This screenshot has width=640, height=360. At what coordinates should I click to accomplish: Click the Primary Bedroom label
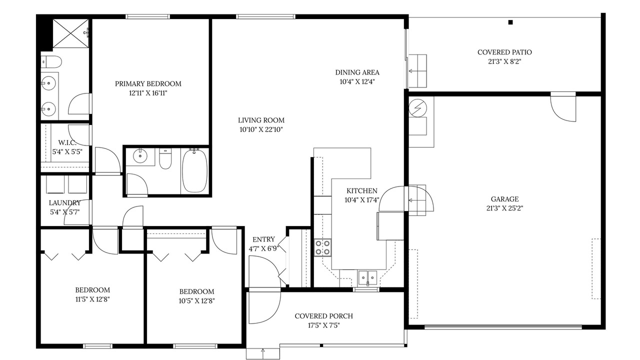pyautogui.click(x=148, y=83)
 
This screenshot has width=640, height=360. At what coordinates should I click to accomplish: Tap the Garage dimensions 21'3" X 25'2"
pyautogui.click(x=504, y=208)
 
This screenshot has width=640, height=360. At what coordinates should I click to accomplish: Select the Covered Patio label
pyautogui.click(x=504, y=52)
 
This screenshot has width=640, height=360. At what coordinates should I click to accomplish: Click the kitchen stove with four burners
pyautogui.click(x=322, y=247)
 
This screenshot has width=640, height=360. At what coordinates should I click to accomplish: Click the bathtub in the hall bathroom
pyautogui.click(x=195, y=170)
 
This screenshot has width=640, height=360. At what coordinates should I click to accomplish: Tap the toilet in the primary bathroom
pyautogui.click(x=51, y=61)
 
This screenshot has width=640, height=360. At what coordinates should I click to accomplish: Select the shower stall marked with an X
pyautogui.click(x=70, y=33)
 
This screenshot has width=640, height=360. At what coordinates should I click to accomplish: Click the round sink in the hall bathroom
pyautogui.click(x=140, y=155)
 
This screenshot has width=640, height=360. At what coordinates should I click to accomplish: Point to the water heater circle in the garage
pyautogui.click(x=417, y=108)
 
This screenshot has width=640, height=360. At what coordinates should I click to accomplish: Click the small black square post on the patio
pyautogui.click(x=510, y=22)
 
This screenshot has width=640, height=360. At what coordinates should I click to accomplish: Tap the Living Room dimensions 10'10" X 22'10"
pyautogui.click(x=261, y=129)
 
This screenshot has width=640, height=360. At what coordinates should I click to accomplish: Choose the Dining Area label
pyautogui.click(x=357, y=72)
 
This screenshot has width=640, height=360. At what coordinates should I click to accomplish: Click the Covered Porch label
pyautogui.click(x=323, y=316)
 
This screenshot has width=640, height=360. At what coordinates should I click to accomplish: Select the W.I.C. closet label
pyautogui.click(x=67, y=142)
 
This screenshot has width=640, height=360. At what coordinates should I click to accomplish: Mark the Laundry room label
pyautogui.click(x=65, y=203)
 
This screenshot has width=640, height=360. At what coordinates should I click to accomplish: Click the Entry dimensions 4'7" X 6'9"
pyautogui.click(x=263, y=249)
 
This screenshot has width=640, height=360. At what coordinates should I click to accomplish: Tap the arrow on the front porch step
pyautogui.click(x=263, y=353)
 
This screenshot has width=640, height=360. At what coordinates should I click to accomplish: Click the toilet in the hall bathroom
pyautogui.click(x=165, y=159)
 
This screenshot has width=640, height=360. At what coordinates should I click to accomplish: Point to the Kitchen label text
pyautogui.click(x=361, y=191)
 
